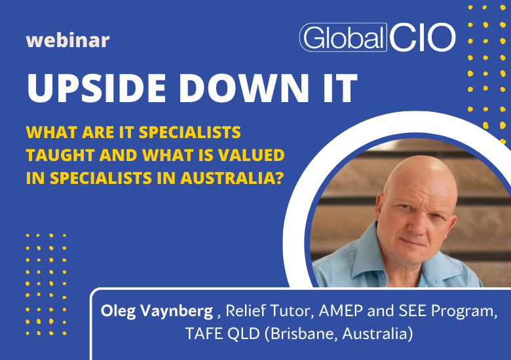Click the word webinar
(x=67, y=41)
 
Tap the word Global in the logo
(x=342, y=37)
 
